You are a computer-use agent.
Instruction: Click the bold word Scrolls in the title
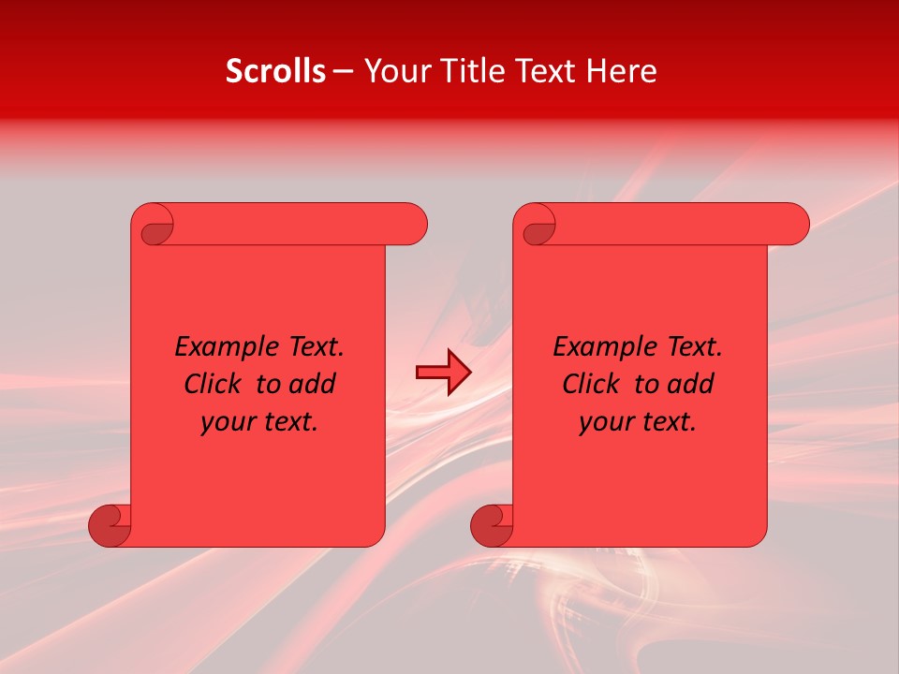click(276, 71)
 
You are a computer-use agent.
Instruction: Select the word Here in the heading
click(622, 71)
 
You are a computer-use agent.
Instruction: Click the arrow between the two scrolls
click(443, 373)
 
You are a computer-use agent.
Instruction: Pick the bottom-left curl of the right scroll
click(492, 525)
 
